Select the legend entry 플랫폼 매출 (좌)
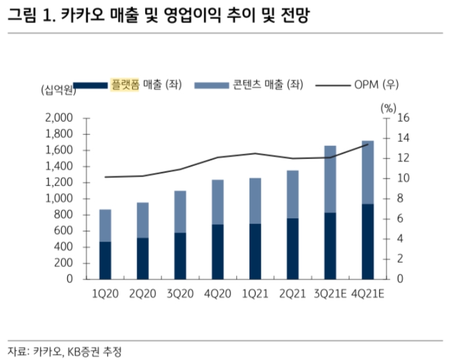click(x=145, y=85)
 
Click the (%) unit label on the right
click(x=388, y=107)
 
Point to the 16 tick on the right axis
click(x=403, y=119)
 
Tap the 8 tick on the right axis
click(x=400, y=198)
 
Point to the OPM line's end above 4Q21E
click(x=367, y=144)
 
